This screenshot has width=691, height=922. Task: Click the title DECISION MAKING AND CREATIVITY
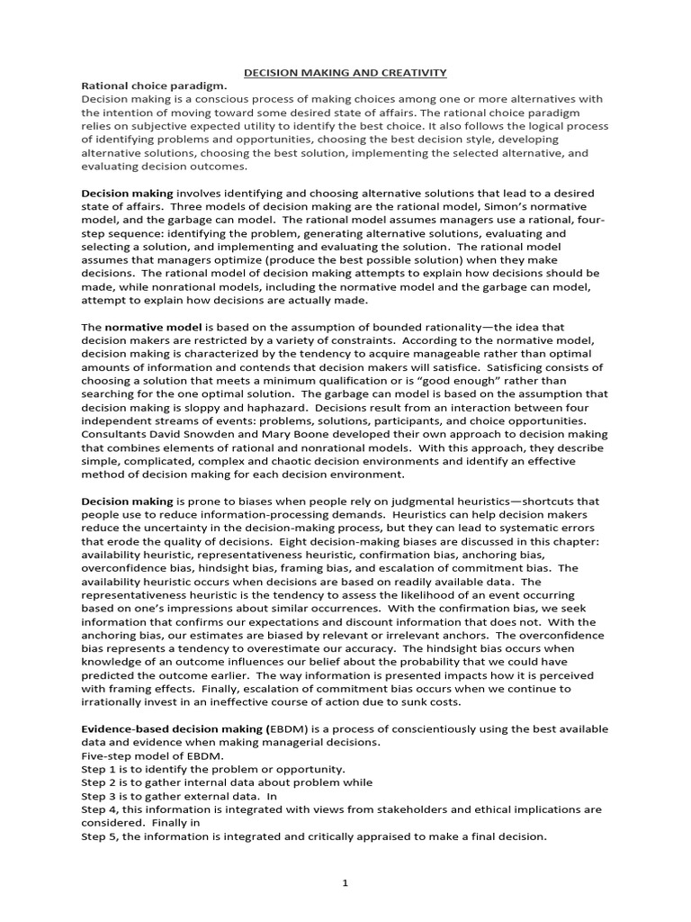tap(346, 72)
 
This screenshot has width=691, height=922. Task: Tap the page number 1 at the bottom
tap(345, 882)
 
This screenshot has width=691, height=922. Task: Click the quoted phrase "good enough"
tap(480, 381)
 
